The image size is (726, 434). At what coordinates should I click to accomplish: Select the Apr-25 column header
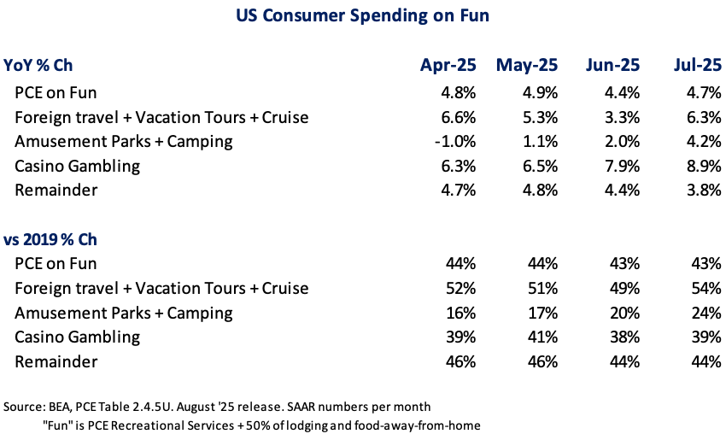(448, 65)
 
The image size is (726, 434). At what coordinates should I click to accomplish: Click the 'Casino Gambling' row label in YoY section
(78, 165)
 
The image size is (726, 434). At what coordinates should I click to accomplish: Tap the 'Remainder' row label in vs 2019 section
(56, 361)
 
